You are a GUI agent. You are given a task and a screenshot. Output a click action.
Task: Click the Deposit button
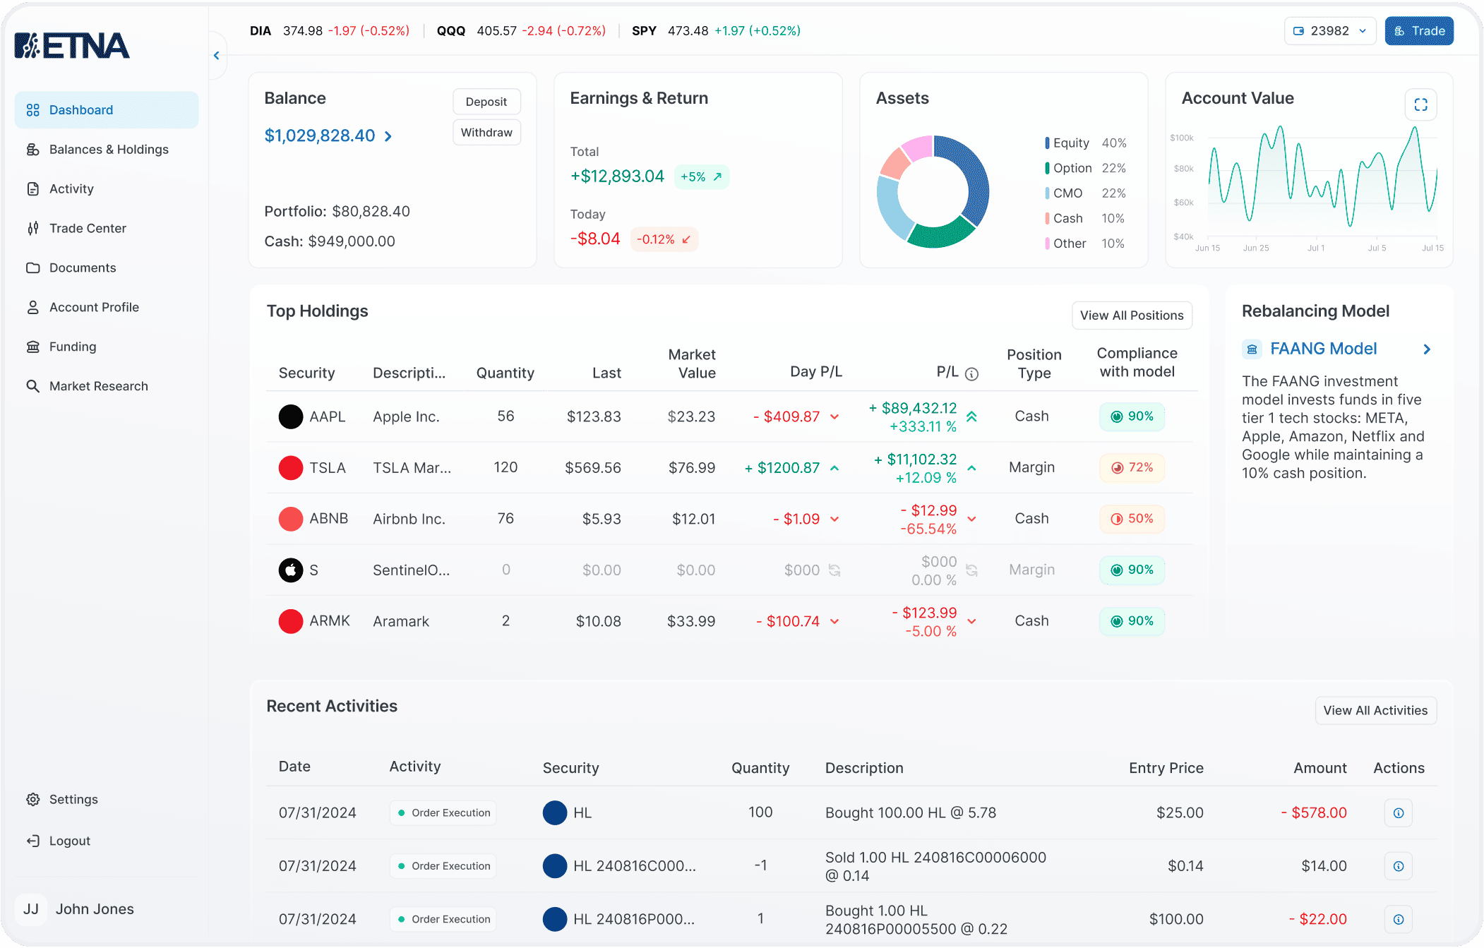point(486,102)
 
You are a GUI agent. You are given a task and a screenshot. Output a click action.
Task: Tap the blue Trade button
point(1419,31)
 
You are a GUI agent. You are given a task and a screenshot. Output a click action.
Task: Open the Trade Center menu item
point(88,228)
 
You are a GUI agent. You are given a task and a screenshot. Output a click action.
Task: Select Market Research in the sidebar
point(98,386)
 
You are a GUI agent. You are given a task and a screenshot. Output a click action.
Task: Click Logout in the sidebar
point(69,841)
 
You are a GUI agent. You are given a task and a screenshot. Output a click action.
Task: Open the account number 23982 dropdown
point(1330,31)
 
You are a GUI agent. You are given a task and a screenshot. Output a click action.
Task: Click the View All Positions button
point(1132,316)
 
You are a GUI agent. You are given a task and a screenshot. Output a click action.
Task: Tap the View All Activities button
point(1375,711)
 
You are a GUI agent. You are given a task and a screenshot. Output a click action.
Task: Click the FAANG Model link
point(1323,349)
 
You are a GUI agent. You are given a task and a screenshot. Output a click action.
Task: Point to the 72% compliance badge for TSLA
point(1132,467)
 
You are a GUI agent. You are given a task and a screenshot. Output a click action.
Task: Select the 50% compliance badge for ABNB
point(1132,519)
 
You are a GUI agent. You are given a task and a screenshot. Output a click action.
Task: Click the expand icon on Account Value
point(1421,104)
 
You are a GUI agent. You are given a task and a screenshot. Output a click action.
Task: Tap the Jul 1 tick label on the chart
point(1316,248)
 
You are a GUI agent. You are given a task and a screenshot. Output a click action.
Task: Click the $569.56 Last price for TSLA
point(593,468)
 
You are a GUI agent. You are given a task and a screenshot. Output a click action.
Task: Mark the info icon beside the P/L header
point(971,374)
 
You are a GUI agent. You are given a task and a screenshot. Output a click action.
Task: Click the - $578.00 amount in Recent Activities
point(1314,813)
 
